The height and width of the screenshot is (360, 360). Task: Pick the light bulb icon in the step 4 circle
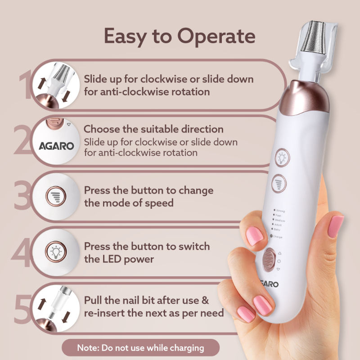click(x=56, y=250)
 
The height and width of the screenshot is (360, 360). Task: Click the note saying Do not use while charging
click(x=140, y=348)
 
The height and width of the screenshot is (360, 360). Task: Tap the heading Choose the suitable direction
click(x=154, y=129)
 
